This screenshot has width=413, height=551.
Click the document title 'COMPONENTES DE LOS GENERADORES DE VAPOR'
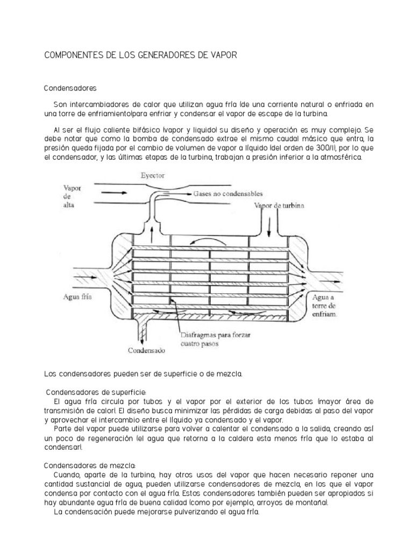(x=140, y=55)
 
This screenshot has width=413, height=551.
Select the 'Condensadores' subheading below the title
(x=69, y=87)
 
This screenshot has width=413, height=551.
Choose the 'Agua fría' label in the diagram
(x=78, y=296)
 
